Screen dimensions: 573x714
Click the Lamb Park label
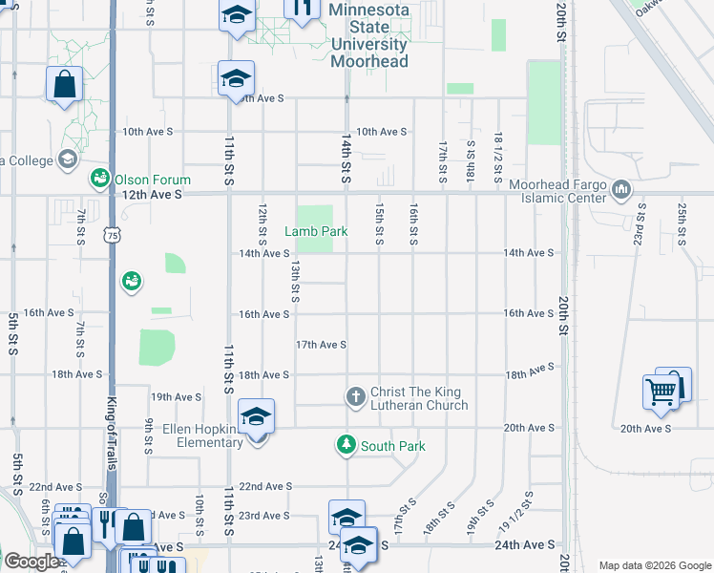tap(316, 231)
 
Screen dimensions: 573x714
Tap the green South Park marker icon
tap(345, 445)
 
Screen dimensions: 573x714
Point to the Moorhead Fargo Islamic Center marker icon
tap(622, 189)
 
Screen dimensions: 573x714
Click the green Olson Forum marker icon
tap(99, 179)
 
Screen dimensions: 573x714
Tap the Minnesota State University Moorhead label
tap(368, 35)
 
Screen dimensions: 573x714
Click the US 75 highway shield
tap(113, 235)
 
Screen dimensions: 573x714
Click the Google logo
tap(31, 562)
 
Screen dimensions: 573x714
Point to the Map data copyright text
tap(654, 564)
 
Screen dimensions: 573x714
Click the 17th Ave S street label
tap(321, 345)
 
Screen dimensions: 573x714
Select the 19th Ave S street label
tap(177, 397)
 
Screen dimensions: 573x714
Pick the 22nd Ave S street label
tap(264, 486)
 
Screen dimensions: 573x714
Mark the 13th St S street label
tap(296, 283)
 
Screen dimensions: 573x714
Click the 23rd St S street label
tap(640, 223)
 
